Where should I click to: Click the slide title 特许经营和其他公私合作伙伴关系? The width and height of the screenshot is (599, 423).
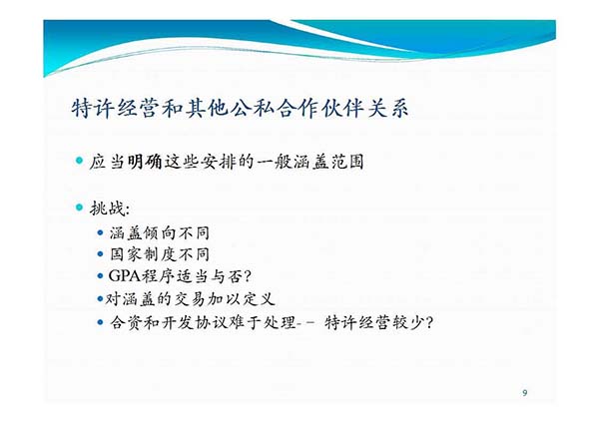[240, 109]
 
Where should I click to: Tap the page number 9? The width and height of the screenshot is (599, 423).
[525, 392]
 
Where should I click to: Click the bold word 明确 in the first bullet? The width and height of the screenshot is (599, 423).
[145, 162]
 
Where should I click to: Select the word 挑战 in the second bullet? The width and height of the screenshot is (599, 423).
[107, 209]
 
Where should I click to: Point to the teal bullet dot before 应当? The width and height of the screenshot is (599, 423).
[79, 161]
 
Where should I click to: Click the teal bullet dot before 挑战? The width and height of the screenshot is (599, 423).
[79, 208]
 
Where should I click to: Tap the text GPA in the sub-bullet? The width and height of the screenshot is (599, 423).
[125, 275]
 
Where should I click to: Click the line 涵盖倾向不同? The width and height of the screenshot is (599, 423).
[160, 232]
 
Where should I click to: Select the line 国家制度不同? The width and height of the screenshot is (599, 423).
[160, 254]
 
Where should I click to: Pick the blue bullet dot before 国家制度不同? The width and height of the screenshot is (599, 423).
[101, 253]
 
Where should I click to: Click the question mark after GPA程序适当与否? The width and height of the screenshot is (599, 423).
[248, 276]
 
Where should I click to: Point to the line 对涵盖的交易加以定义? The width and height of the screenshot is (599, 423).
[191, 299]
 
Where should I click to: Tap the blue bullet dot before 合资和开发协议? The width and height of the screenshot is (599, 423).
[101, 322]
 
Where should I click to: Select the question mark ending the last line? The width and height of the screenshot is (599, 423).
[428, 323]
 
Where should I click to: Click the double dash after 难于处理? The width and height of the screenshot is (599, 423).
[305, 323]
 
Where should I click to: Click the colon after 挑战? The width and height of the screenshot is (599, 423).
[127, 210]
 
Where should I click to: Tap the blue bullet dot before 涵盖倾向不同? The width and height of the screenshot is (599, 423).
[101, 232]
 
